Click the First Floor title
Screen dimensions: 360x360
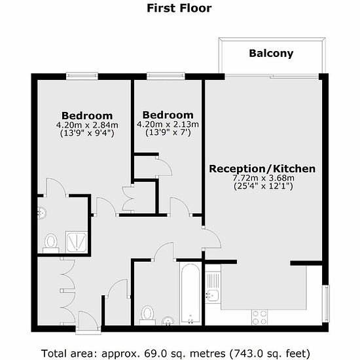[x=179, y=9]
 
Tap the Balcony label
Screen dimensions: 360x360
[x=271, y=54]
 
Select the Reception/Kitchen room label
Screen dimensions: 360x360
[x=262, y=169]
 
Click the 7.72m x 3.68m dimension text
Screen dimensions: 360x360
[x=264, y=177]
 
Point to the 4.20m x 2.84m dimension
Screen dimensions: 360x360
[x=87, y=125]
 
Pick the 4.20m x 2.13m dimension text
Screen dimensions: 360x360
[x=168, y=124]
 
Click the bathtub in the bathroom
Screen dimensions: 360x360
[x=190, y=294]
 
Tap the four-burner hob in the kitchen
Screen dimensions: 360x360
[x=260, y=317]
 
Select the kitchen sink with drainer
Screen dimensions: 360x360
[x=213, y=287]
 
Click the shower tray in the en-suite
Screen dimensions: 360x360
[x=77, y=242]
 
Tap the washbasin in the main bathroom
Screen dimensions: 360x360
[x=168, y=321]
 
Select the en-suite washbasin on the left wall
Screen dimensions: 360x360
[x=42, y=213]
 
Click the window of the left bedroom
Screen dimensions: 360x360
[x=82, y=76]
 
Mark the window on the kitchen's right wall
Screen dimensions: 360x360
[x=326, y=304]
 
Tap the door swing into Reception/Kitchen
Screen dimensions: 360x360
[x=211, y=238]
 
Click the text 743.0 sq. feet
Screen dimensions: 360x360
[x=270, y=353]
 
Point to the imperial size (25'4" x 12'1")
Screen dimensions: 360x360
[x=263, y=186]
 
